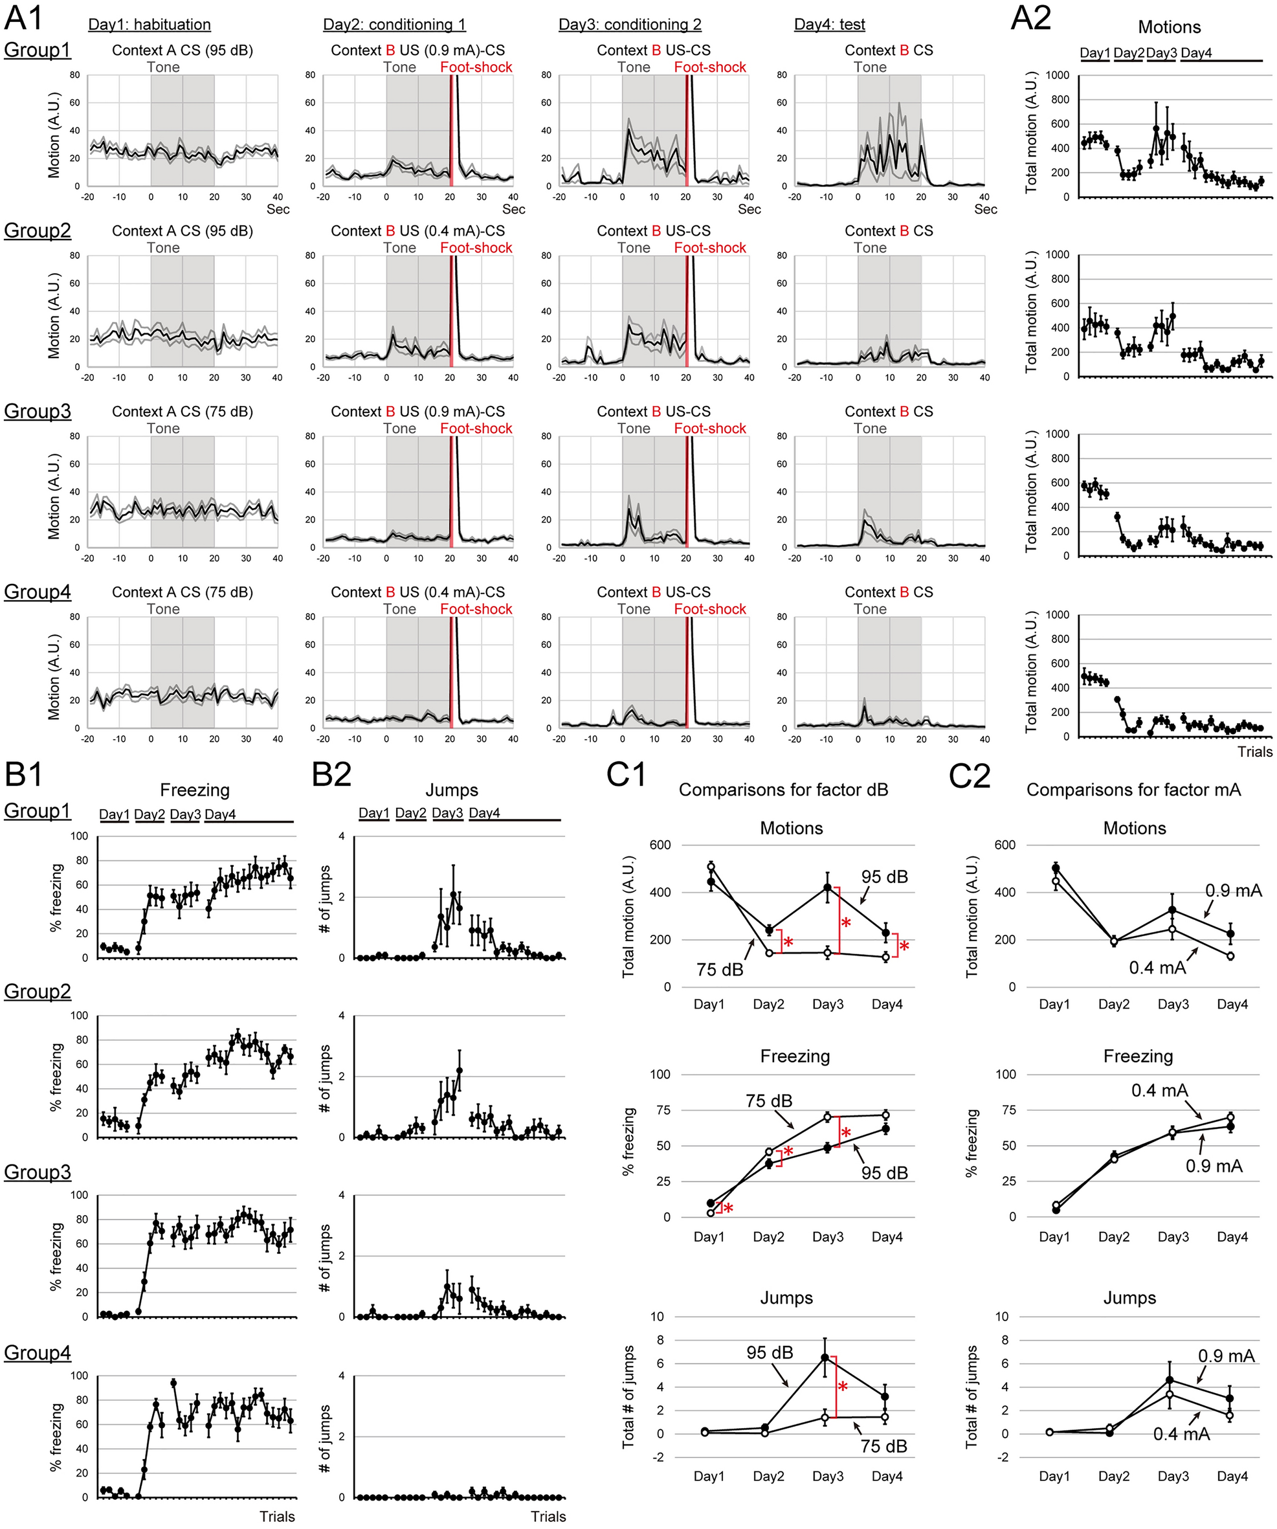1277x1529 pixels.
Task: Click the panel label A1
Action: tap(24, 17)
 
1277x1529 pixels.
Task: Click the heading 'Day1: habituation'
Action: tap(150, 25)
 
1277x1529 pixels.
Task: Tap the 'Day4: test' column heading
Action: tap(829, 25)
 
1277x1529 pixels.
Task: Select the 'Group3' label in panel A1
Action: tap(38, 411)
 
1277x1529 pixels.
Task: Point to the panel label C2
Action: tap(969, 776)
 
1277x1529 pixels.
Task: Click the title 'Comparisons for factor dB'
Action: tap(783, 790)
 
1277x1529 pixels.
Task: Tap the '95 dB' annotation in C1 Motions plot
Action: tap(885, 876)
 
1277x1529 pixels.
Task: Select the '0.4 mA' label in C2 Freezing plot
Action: tap(1159, 1090)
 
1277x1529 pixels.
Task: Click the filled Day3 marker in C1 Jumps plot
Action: tap(825, 1358)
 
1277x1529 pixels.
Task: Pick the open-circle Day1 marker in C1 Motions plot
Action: tap(711, 866)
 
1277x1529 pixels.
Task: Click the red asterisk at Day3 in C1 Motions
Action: tap(846, 923)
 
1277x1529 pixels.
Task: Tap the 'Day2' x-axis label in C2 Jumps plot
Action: tap(1113, 1476)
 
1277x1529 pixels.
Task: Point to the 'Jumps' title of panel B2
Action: tap(451, 790)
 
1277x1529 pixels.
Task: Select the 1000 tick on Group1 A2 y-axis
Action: tap(1057, 75)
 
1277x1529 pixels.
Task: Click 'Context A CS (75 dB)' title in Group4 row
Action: tap(182, 592)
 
